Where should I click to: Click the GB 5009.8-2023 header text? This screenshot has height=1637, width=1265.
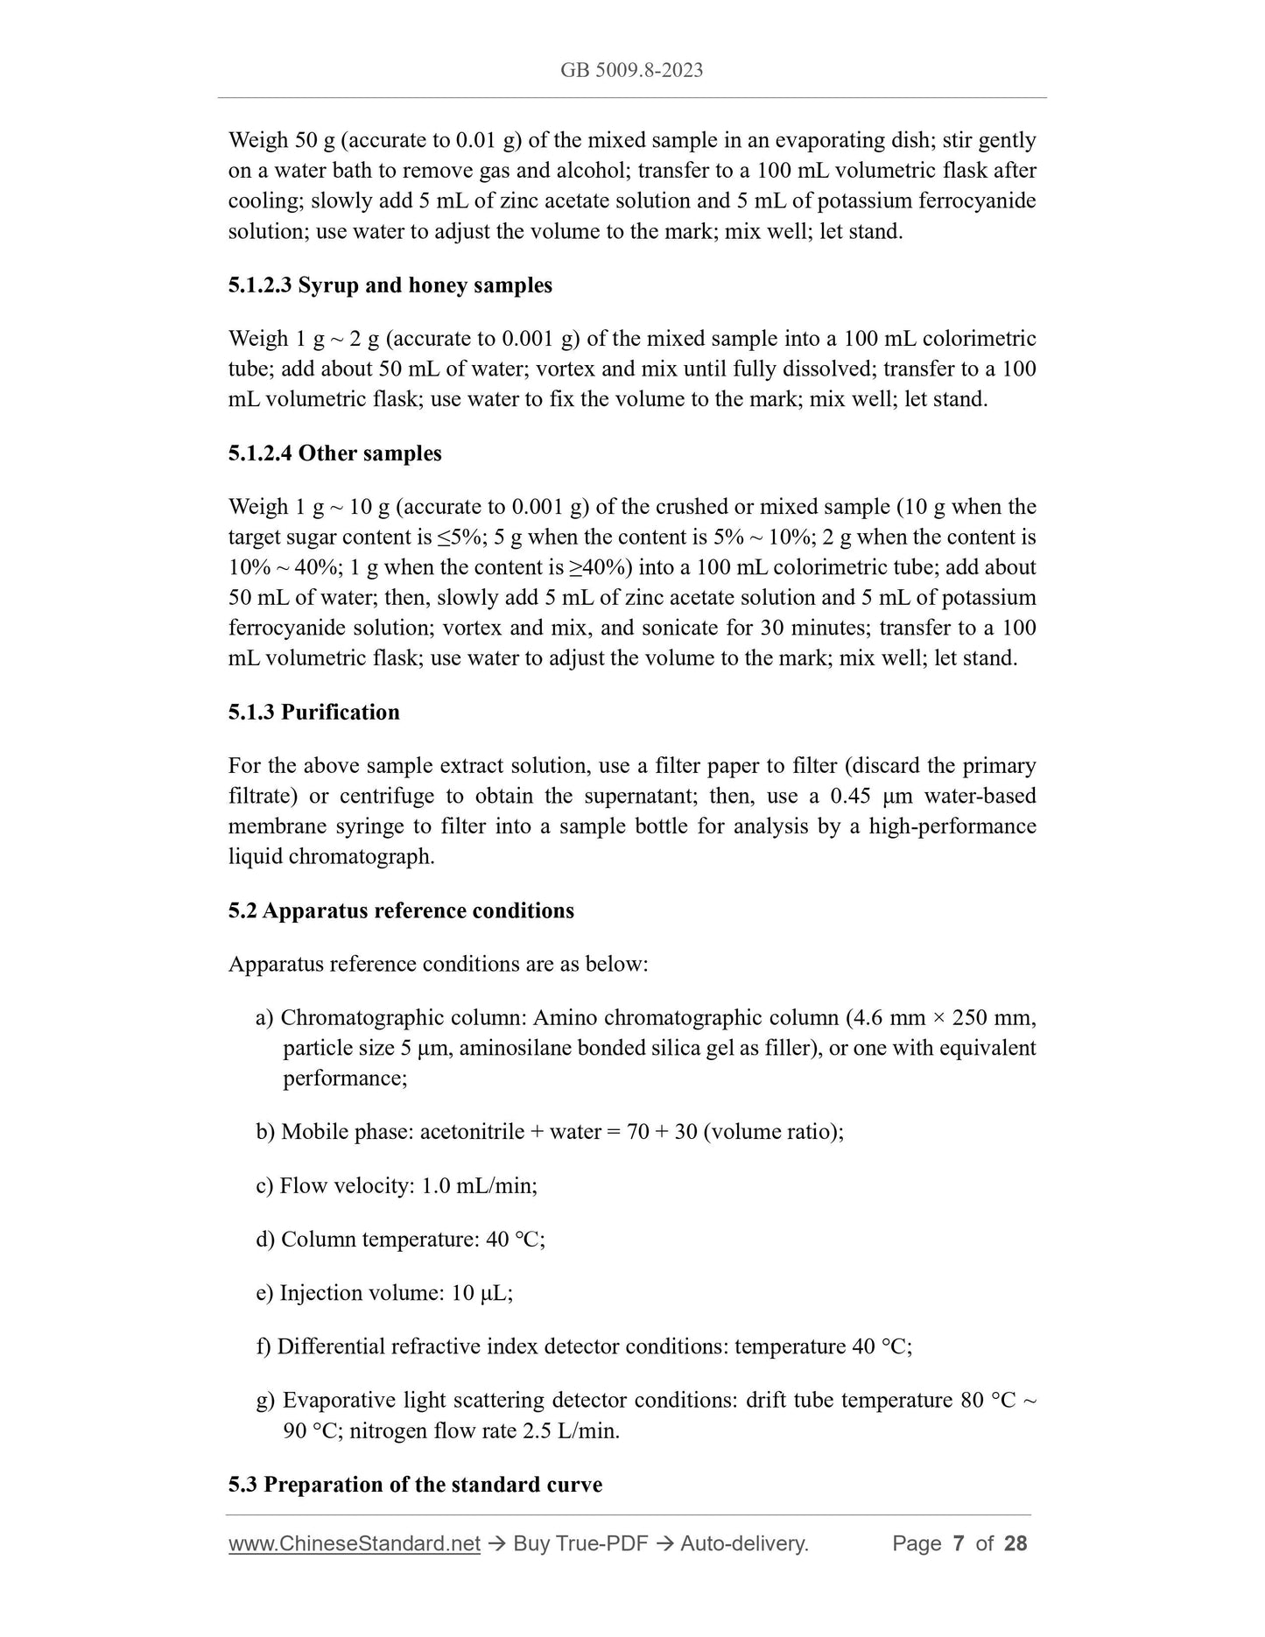[631, 71]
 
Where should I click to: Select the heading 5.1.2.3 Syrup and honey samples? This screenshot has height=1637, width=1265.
[390, 285]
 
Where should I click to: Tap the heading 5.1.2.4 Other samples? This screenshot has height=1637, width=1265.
[334, 453]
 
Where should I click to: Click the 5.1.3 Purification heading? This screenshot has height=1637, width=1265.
[313, 712]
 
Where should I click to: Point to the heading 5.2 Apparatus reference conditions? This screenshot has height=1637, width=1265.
[401, 910]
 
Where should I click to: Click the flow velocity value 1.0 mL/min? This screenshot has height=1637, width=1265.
[479, 1186]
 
